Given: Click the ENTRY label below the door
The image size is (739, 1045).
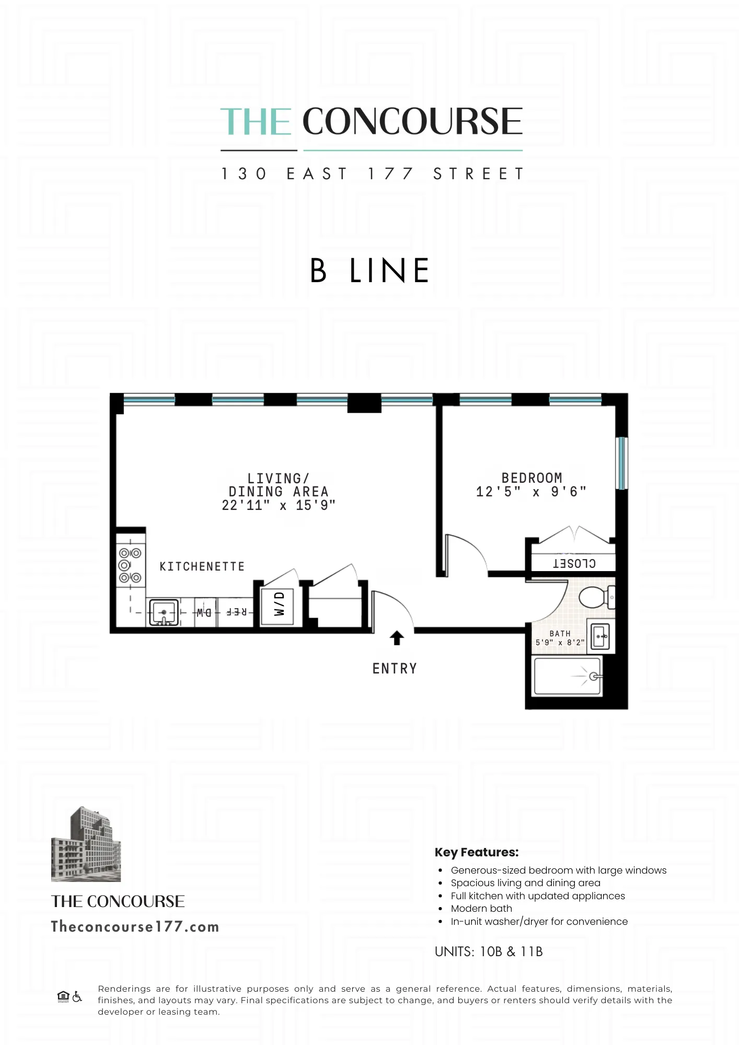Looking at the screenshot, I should [395, 668].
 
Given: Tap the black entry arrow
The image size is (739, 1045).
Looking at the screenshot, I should [397, 638].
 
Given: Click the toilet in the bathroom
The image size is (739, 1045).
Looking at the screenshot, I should [595, 597].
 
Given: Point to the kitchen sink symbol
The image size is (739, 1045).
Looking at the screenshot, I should [164, 612].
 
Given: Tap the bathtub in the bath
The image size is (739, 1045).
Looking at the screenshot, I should [567, 676].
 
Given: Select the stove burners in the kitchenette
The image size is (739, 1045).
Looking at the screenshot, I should [130, 565].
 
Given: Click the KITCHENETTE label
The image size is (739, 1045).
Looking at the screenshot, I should [202, 566].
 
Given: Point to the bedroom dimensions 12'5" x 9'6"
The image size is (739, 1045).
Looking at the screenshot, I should [531, 492].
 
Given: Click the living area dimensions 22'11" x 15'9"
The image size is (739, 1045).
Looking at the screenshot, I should [278, 505].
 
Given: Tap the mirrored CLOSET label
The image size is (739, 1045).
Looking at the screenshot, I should [574, 563].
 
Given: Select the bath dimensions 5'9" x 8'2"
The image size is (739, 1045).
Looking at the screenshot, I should [560, 643].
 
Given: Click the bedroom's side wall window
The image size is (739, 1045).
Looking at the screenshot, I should [621, 463].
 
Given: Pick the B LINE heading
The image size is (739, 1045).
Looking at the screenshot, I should [369, 271].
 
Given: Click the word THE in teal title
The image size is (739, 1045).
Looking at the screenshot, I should [256, 122].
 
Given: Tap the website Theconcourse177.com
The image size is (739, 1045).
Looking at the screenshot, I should [135, 927].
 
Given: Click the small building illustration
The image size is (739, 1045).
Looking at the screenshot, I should [86, 844].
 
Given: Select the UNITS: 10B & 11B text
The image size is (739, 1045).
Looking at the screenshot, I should [489, 951].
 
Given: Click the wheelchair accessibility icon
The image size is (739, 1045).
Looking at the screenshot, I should [77, 996].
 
